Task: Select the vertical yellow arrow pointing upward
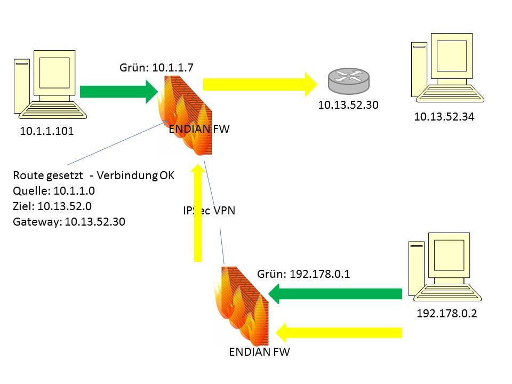point(198,213)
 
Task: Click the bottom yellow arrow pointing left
point(338,332)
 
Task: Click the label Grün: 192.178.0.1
point(303,274)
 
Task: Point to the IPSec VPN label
point(209,211)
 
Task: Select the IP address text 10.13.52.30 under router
point(348,105)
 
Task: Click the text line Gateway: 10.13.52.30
point(69,222)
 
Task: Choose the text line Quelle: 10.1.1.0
point(55,191)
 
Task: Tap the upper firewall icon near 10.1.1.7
point(185,115)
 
